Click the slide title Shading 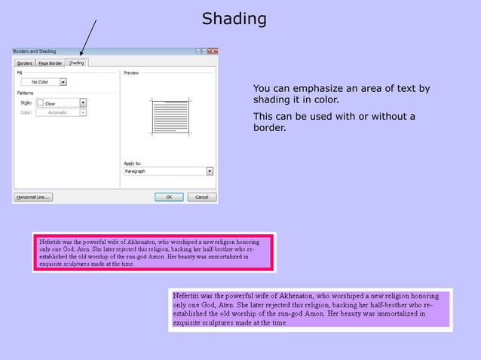[x=234, y=19]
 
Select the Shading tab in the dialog [x=76, y=63]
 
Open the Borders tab [x=25, y=63]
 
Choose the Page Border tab [x=50, y=63]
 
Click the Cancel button [x=201, y=197]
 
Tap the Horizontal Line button [x=32, y=197]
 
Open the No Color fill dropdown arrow [x=63, y=81]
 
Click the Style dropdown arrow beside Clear [x=83, y=102]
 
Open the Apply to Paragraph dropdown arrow [x=210, y=171]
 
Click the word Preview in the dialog [x=131, y=72]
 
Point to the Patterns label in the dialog [x=26, y=93]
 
